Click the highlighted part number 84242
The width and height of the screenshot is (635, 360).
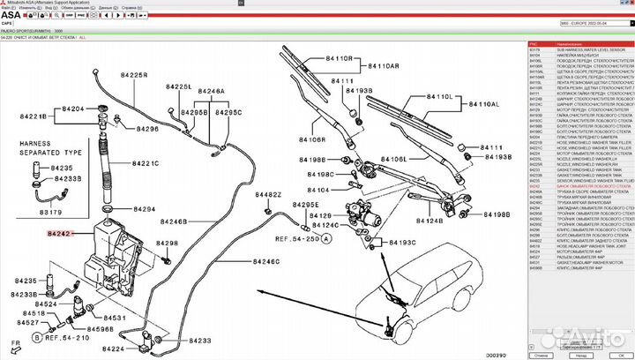click(60, 234)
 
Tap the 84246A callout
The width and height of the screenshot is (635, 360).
click(211, 91)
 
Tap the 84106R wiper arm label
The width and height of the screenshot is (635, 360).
click(312, 139)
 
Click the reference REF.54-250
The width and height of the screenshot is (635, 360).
click(298, 239)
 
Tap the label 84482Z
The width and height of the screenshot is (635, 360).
click(268, 194)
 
